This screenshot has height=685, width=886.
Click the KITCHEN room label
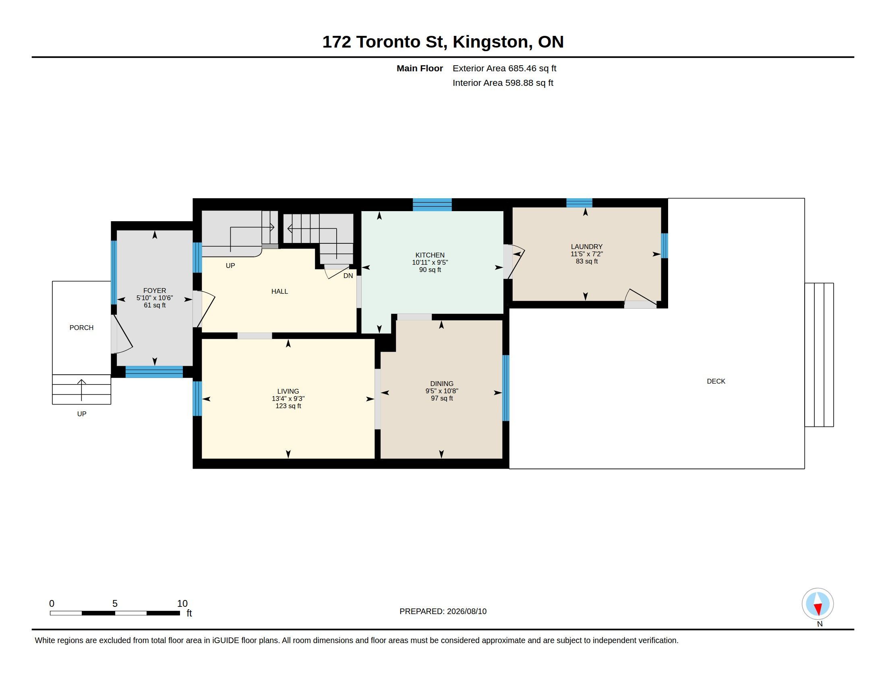pyautogui.click(x=430, y=255)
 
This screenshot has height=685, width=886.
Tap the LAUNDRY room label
pyautogui.click(x=587, y=247)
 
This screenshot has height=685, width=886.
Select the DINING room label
pyautogui.click(x=442, y=384)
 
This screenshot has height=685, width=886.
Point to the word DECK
pyautogui.click(x=716, y=382)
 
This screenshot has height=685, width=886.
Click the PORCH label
pyautogui.click(x=81, y=328)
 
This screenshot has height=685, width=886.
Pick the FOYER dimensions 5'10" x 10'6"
pyautogui.click(x=155, y=298)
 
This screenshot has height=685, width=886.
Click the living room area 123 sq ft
pyautogui.click(x=288, y=406)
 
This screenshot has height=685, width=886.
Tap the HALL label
pyautogui.click(x=279, y=291)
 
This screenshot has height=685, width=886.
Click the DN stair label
pyautogui.click(x=348, y=276)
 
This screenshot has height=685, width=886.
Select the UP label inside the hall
pyautogui.click(x=230, y=266)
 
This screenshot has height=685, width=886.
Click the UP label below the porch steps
pyautogui.click(x=81, y=414)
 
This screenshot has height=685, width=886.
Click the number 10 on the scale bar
pyautogui.click(x=182, y=604)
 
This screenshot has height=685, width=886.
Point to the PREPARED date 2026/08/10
pyautogui.click(x=466, y=612)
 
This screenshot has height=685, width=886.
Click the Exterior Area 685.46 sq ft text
pyautogui.click(x=504, y=68)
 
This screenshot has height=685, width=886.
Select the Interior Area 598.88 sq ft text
pyautogui.click(x=503, y=83)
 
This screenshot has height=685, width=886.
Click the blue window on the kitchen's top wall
pyautogui.click(x=432, y=205)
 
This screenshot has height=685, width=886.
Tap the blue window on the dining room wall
pyautogui.click(x=505, y=388)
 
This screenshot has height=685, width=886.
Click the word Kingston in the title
pyautogui.click(x=491, y=42)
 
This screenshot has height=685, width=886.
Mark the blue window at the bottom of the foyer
pyautogui.click(x=154, y=372)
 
